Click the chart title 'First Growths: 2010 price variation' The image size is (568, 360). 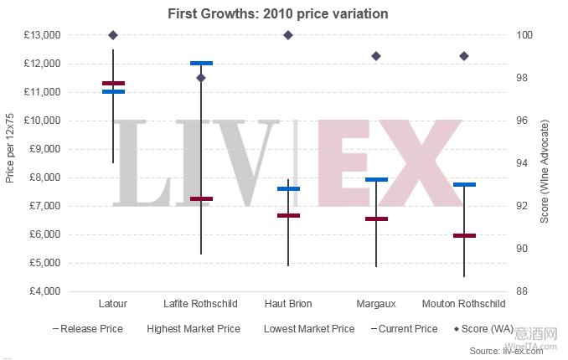(x=284, y=13)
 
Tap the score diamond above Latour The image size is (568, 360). (x=113, y=35)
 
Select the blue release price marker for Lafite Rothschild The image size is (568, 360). (x=201, y=63)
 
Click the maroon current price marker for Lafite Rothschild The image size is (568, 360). (x=201, y=198)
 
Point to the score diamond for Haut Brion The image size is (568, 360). (x=288, y=35)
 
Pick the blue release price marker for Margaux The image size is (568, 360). (x=376, y=179)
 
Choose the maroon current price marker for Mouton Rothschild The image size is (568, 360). (x=464, y=236)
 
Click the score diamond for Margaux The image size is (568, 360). (x=376, y=56)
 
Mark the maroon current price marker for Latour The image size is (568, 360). (x=113, y=83)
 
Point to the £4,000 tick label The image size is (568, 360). (x=44, y=291)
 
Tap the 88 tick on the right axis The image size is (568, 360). (x=521, y=291)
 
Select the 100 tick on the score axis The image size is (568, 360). (x=524, y=35)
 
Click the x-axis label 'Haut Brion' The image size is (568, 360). (x=288, y=303)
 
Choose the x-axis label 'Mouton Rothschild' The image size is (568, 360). (x=464, y=303)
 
